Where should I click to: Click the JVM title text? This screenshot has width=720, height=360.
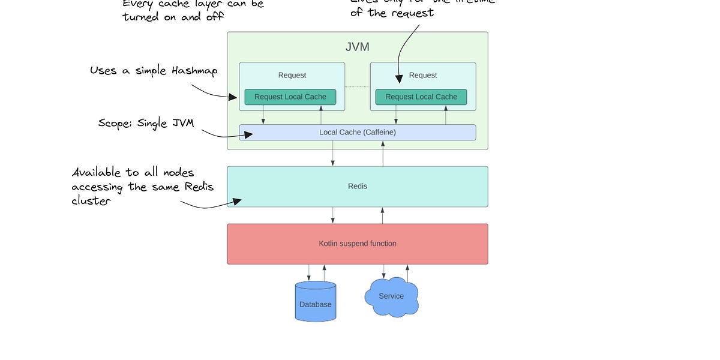coord(358,47)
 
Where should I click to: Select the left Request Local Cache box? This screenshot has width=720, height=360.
coord(290,97)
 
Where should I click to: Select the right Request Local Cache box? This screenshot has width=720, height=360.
coord(421,97)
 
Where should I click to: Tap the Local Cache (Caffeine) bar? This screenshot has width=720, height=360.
coord(358,132)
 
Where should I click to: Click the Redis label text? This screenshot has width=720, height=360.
coord(358,187)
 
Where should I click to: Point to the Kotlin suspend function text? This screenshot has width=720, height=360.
coord(358,244)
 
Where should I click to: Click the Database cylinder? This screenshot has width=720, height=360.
coord(316,302)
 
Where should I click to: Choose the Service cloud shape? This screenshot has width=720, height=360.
coord(391,296)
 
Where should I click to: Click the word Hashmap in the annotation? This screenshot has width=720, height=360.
coord(194,71)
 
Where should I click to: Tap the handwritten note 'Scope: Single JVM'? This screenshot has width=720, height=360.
coord(146,123)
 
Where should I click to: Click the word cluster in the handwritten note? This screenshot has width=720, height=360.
coord(91,201)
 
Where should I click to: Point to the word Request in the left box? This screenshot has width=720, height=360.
coord(292,76)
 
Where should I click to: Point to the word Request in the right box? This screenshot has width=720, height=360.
coord(423,76)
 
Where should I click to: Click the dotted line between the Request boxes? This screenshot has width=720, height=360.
coord(358,87)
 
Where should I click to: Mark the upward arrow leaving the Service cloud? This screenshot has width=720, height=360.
coord(407,273)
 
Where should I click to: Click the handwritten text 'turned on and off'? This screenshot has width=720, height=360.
coord(173,17)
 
